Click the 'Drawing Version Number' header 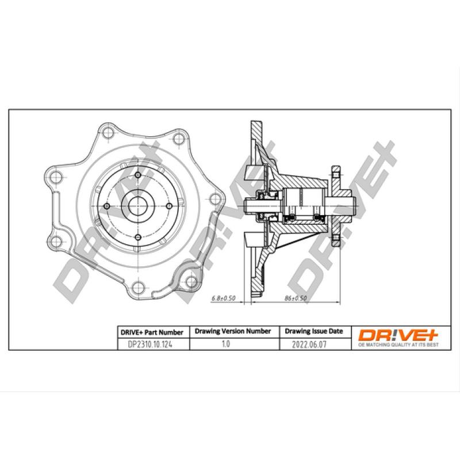point(233,332)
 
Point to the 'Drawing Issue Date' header point(314,332)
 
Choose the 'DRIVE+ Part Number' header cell point(152,332)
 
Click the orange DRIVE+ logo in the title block point(399,333)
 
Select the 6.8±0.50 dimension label point(224,298)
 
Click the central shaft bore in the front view point(138,205)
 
